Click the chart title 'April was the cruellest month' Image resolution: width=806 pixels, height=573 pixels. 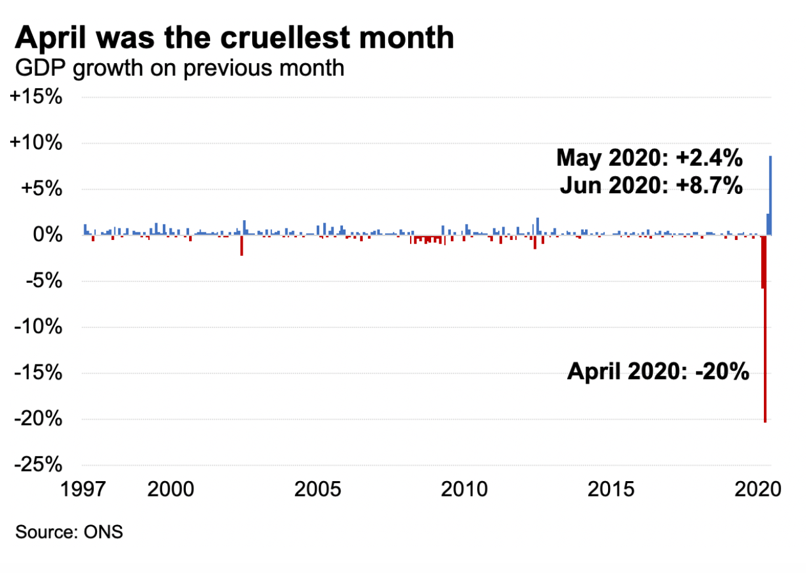pos(234,38)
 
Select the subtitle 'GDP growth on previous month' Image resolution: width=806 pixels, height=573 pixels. pos(180,68)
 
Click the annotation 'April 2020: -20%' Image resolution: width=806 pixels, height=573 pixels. pos(658,371)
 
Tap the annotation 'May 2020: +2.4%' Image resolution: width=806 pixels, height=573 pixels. pos(650,157)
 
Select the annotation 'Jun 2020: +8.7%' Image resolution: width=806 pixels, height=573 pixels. pos(651,186)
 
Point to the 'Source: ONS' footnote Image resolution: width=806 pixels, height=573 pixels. pos(69,532)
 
